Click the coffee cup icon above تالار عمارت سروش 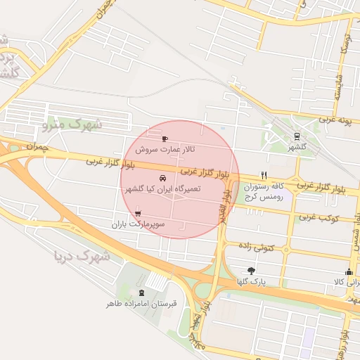165,139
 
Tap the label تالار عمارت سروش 165,150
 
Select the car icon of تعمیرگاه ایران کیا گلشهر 164,178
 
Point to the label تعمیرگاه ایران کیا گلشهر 163,189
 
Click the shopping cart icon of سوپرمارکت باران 137,213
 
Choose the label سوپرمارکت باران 137,224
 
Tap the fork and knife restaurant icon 264,175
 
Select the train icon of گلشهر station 297,136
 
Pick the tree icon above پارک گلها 251,271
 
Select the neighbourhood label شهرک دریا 82,255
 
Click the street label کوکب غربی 318,217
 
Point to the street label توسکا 345,44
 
